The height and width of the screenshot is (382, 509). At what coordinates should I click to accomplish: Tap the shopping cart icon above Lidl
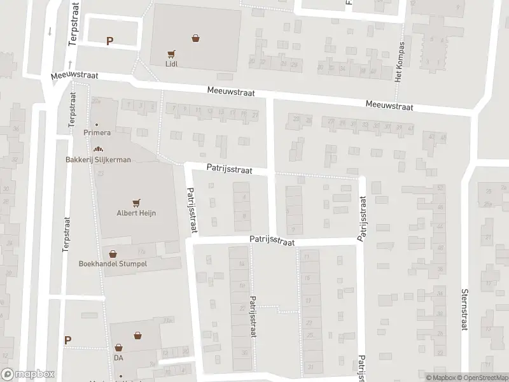point(170,54)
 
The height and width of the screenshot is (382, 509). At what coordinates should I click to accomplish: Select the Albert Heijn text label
point(136,213)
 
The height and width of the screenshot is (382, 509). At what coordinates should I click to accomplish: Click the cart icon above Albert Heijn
point(136,203)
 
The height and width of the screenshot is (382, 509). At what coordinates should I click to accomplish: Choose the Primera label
point(97,133)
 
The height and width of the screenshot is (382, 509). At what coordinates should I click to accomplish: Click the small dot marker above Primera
point(97,125)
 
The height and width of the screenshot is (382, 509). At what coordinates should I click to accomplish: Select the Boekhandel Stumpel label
point(113,264)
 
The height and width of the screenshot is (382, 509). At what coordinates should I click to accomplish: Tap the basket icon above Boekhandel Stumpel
point(113,253)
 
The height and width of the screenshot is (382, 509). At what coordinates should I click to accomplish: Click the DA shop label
point(118,358)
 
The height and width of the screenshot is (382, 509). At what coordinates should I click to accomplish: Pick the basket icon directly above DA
point(118,348)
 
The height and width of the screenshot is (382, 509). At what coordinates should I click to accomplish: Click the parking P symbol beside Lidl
point(109,41)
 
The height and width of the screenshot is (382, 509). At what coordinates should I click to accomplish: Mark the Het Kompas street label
point(400,62)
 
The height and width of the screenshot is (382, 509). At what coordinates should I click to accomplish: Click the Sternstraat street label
point(464,308)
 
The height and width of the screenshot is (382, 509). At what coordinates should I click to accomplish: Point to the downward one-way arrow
point(50,30)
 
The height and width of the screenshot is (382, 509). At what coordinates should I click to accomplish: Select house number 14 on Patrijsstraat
point(241,264)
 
